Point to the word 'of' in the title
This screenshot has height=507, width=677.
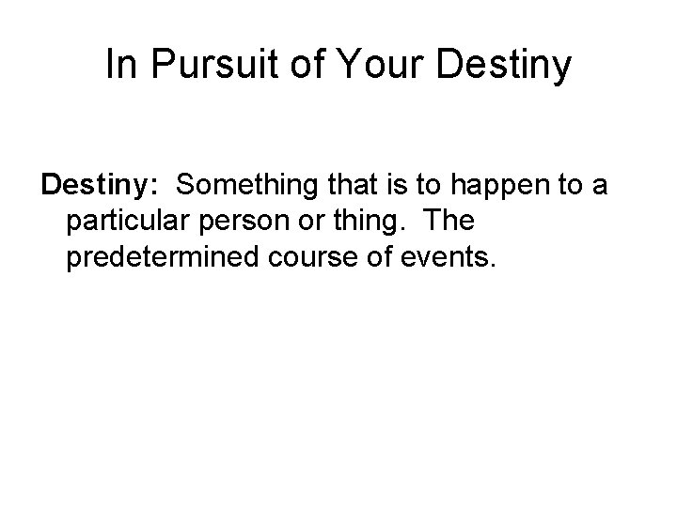click(x=304, y=65)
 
